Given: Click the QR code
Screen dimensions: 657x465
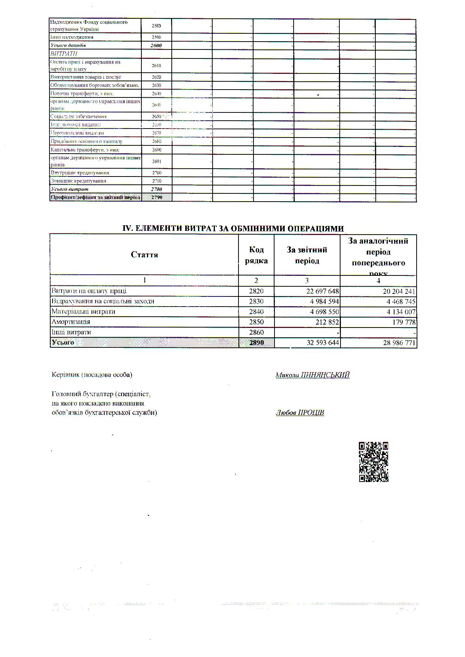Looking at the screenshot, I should point(373,462).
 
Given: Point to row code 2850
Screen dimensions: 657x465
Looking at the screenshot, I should point(256,322).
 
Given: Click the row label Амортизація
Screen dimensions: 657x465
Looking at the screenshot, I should point(71,322).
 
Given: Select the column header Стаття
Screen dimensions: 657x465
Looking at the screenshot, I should point(144,255).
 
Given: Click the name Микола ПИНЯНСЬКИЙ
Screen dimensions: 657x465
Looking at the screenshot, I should point(312,375).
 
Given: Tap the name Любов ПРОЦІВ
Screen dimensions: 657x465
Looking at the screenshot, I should point(300,413).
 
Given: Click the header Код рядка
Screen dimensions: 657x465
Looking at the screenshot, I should point(256,255).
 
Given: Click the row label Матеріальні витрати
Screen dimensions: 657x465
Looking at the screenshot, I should point(83,311).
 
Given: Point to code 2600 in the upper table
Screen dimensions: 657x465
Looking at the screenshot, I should point(156,45).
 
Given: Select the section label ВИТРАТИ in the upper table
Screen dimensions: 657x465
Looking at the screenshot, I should point(64,54).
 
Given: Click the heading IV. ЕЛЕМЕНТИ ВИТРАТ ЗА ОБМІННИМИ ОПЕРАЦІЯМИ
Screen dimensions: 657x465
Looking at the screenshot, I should point(233,229).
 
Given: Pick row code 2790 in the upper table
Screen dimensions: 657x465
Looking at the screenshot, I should point(156,197).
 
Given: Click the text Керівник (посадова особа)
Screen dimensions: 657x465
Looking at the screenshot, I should point(92,375).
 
